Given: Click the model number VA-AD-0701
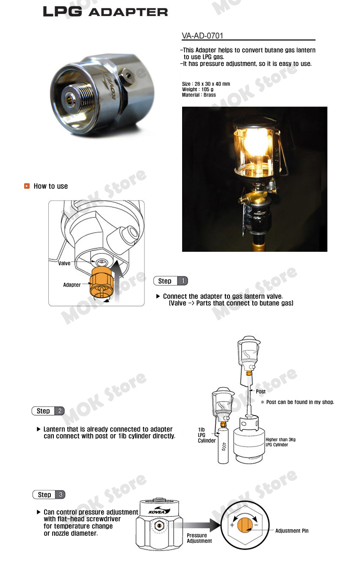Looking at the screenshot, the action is (202, 36).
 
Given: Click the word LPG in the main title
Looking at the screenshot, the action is (63, 11).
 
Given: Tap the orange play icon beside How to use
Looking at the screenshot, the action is (27, 186).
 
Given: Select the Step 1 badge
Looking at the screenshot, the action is (170, 281).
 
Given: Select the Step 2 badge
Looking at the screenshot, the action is (48, 411).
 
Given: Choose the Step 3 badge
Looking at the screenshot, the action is (49, 495).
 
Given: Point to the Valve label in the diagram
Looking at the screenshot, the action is (64, 263).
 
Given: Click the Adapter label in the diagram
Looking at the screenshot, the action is (72, 285).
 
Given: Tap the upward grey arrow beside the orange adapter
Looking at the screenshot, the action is (117, 281).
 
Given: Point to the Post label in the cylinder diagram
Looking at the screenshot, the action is (260, 391).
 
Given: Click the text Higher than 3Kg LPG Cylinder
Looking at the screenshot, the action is (280, 442).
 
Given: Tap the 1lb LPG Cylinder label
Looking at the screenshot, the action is (207, 435).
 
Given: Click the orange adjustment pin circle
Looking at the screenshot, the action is (244, 525).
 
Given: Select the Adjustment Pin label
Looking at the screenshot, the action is (292, 531).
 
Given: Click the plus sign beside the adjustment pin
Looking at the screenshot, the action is (232, 525).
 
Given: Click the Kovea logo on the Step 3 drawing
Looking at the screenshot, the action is (159, 511).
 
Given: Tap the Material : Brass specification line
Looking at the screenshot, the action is (199, 95).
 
